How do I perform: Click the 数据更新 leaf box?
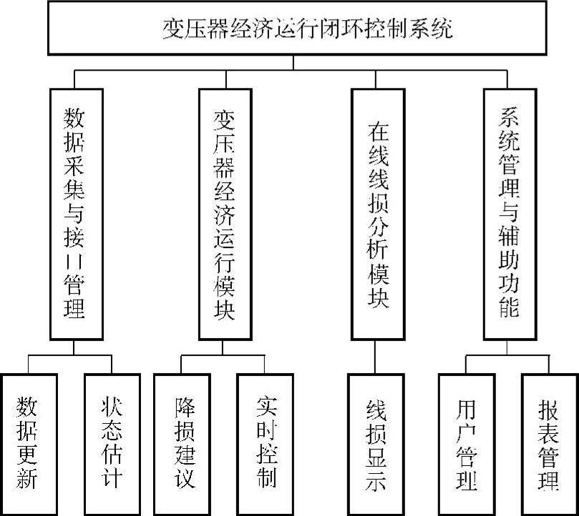pyautogui.click(x=28, y=443)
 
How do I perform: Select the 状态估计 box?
pyautogui.click(x=111, y=443)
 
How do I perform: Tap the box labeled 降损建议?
pyautogui.click(x=184, y=443)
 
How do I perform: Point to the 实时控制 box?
pyautogui.click(x=266, y=443)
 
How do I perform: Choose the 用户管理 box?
pyautogui.click(x=466, y=443)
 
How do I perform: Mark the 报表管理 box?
pyautogui.click(x=548, y=443)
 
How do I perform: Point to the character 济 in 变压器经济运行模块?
pyautogui.click(x=225, y=217)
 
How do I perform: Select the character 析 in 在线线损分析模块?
pyautogui.click(x=376, y=246)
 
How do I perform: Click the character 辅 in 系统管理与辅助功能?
pyautogui.click(x=510, y=245)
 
